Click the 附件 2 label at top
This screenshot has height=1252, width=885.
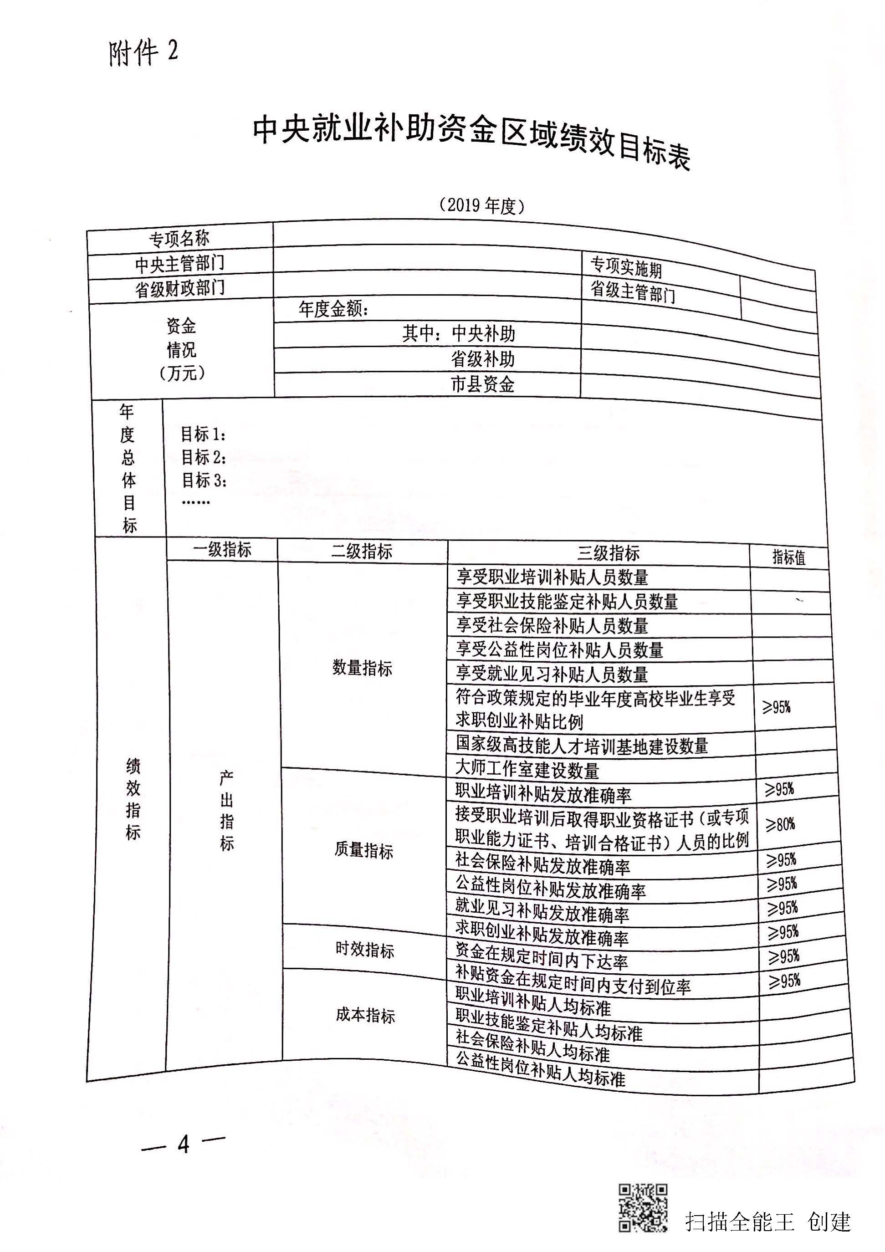(143, 53)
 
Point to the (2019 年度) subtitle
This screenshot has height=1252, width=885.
(482, 205)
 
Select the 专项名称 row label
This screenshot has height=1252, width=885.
(179, 238)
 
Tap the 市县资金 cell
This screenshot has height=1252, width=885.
(482, 385)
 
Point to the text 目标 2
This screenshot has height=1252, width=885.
(204, 456)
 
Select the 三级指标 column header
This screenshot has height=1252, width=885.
(609, 553)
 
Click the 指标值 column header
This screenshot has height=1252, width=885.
(789, 557)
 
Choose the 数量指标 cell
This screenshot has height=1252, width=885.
(363, 668)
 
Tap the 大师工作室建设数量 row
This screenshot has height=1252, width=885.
(527, 769)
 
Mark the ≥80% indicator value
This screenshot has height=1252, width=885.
(780, 824)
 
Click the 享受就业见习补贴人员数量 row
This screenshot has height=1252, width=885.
(552, 674)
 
